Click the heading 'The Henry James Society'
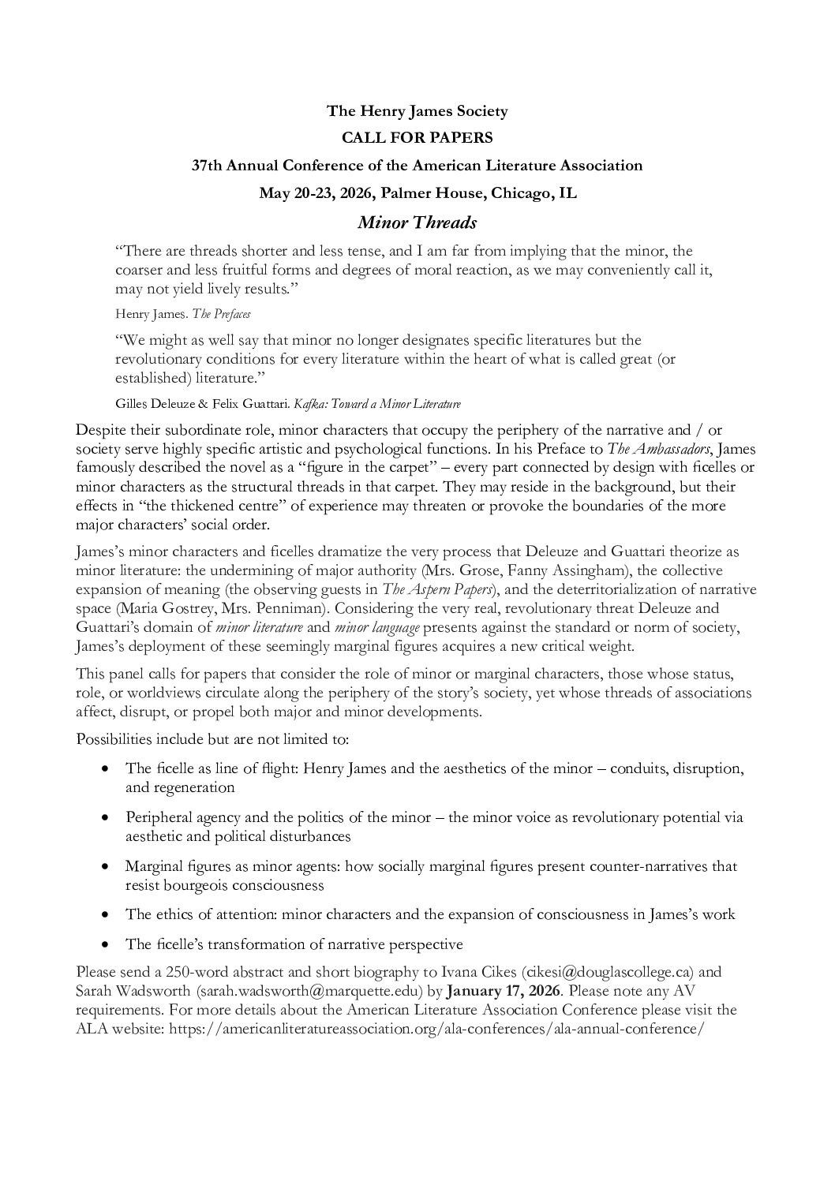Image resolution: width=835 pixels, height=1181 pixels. (417, 111)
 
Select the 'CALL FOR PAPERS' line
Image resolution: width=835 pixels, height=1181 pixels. (417, 138)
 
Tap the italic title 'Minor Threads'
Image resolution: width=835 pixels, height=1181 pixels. (417, 222)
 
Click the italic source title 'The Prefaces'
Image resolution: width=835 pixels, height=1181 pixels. (227, 313)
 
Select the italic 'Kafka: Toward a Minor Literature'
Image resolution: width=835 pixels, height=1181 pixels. (377, 403)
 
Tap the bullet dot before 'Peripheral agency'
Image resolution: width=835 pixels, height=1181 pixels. (105, 818)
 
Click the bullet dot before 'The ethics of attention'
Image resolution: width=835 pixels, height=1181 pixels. (105, 915)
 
